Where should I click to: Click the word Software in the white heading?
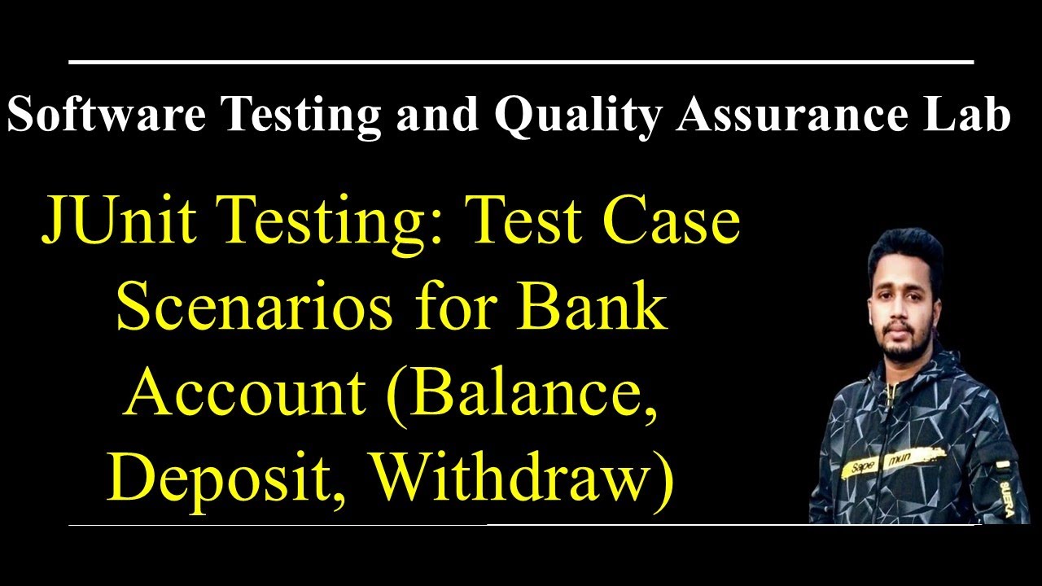[x=106, y=116]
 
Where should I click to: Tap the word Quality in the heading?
[x=577, y=116]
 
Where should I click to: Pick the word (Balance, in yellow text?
[x=524, y=396]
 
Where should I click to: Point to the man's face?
[x=904, y=309]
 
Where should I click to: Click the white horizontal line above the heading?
[x=521, y=61]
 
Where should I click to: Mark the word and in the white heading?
[x=437, y=116]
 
